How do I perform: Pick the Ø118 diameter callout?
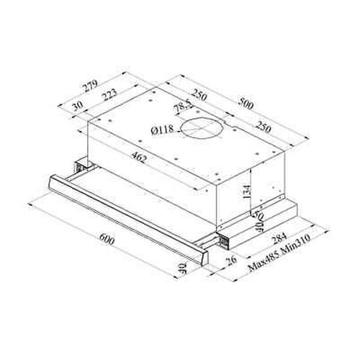click(164, 130)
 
